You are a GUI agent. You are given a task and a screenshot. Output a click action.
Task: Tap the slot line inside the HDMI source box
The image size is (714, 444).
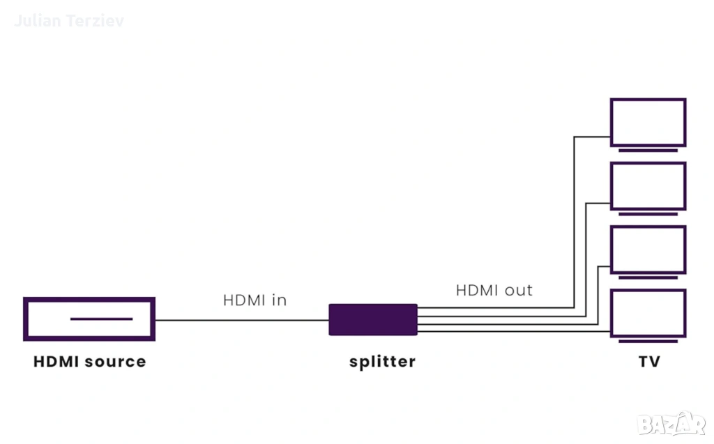point(101,319)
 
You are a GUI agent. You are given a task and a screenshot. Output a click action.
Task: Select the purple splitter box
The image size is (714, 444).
point(373,319)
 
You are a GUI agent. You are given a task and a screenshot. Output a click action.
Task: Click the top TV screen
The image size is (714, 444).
point(648,122)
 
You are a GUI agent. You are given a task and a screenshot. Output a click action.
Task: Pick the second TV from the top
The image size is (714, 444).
point(648,185)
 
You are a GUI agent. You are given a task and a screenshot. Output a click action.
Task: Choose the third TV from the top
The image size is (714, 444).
point(648,249)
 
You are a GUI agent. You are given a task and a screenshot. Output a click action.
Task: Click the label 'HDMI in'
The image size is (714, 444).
point(255,300)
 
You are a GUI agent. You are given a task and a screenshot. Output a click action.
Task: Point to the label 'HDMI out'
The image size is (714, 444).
point(494,290)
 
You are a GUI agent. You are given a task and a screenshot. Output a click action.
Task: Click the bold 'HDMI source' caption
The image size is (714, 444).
point(90,362)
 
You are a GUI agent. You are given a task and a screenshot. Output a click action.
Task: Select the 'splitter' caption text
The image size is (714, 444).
point(382,362)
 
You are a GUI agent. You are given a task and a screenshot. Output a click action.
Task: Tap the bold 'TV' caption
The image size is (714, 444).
point(648,362)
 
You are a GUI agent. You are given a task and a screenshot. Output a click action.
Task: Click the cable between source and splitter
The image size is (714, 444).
point(241,321)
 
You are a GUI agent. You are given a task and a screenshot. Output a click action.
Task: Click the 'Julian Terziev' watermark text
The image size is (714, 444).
point(68,21)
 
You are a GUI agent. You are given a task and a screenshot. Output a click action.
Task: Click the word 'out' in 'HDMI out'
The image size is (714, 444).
point(518,290)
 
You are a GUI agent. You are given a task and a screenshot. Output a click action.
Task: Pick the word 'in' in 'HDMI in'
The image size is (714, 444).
point(279,300)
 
